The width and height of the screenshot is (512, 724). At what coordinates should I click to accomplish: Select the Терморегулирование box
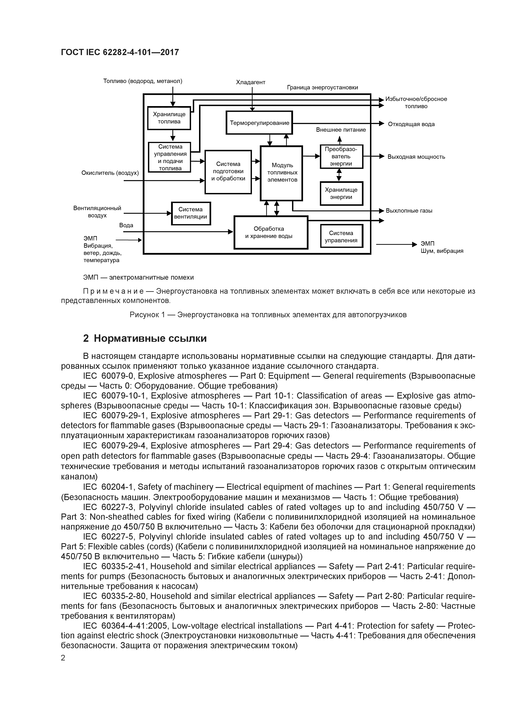(259, 123)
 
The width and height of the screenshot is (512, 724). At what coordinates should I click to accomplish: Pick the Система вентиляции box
(191, 213)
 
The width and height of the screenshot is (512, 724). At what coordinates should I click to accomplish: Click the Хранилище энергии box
(341, 193)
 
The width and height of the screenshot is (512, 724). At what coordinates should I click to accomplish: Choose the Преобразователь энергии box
(341, 156)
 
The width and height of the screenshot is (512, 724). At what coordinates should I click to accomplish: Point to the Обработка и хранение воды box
(271, 232)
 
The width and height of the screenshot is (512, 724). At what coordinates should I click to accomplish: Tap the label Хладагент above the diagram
(251, 82)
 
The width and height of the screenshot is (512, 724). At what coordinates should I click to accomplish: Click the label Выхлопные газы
(409, 211)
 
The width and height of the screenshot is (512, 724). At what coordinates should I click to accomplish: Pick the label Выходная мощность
(416, 157)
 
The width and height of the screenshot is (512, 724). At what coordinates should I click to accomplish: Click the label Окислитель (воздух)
(110, 173)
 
